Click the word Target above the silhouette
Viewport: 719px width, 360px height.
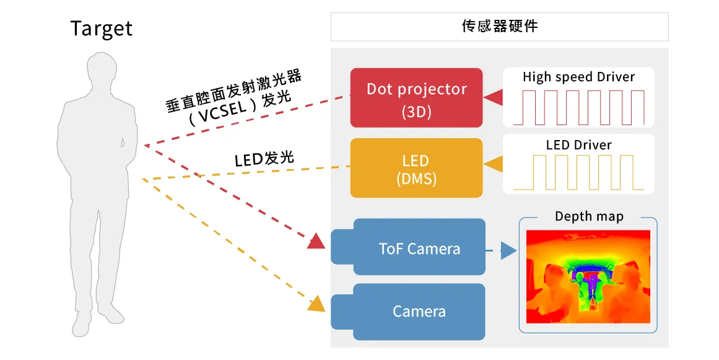pyautogui.click(x=102, y=29)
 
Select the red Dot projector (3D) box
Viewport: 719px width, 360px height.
pyautogui.click(x=416, y=97)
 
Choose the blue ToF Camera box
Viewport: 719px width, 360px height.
pyautogui.click(x=419, y=249)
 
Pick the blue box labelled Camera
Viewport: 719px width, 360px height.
pyautogui.click(x=419, y=311)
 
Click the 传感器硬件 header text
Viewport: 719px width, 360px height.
pyautogui.click(x=499, y=26)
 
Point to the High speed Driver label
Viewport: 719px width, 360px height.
pyautogui.click(x=578, y=77)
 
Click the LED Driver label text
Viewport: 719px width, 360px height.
pyautogui.click(x=578, y=145)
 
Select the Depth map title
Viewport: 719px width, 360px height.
pyautogui.click(x=588, y=216)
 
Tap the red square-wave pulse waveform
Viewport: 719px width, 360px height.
pyautogui.click(x=582, y=107)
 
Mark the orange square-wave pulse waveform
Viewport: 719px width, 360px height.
pyautogui.click(x=582, y=172)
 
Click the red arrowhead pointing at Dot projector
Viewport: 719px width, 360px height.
pyautogui.click(x=494, y=97)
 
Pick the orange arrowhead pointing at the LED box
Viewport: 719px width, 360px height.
pyautogui.click(x=494, y=165)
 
